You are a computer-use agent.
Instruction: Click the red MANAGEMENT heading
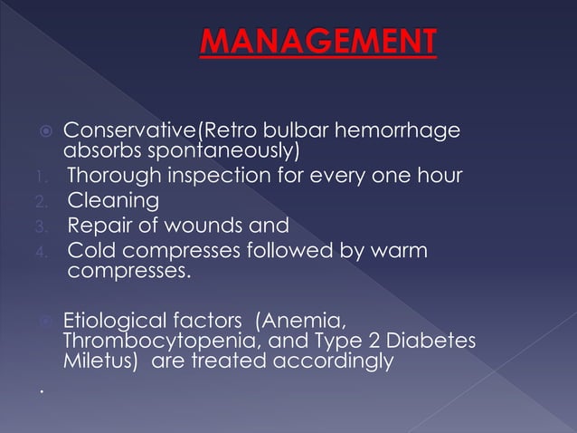[317, 42]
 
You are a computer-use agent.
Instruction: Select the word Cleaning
[113, 200]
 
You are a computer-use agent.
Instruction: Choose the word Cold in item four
[91, 250]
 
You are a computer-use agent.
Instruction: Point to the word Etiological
[118, 319]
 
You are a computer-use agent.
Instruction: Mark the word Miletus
[97, 362]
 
